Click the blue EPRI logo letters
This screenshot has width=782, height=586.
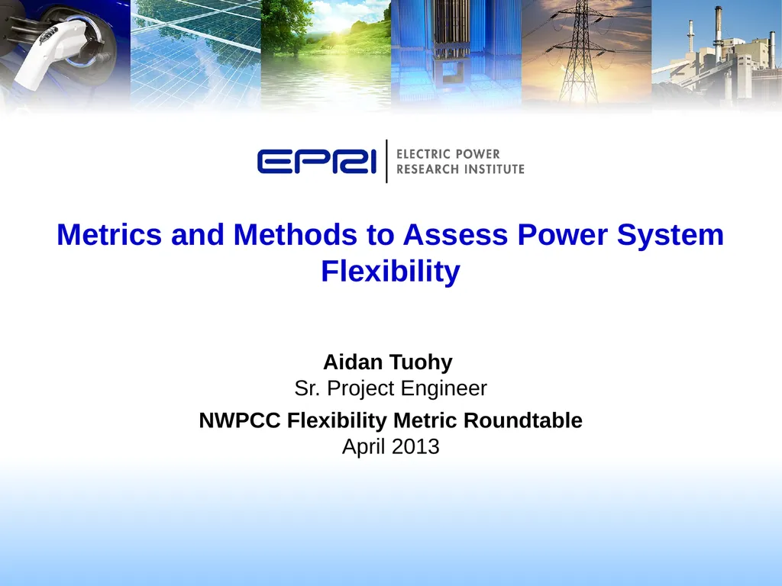click(316, 162)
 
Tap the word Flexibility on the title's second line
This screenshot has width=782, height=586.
click(390, 271)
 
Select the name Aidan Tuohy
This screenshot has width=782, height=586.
click(388, 362)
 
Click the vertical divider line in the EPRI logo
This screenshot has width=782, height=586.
click(387, 161)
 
